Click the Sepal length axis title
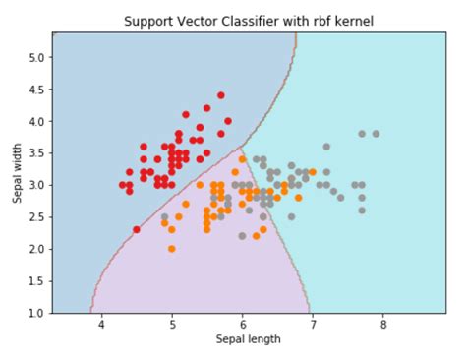click(x=248, y=340)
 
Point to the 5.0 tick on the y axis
click(x=35, y=57)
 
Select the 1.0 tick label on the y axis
click(x=35, y=313)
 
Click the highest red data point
click(x=220, y=95)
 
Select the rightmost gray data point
click(x=376, y=134)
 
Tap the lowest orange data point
click(x=172, y=249)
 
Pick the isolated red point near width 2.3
click(x=137, y=229)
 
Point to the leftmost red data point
click(x=123, y=185)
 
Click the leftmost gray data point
click(x=164, y=216)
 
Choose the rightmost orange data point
click(x=313, y=172)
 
